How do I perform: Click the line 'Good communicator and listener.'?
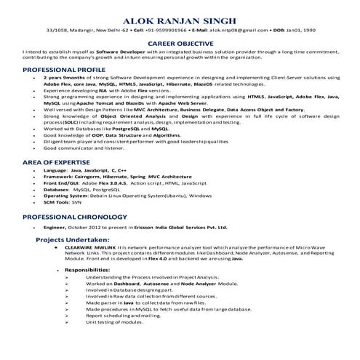click(84, 148)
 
